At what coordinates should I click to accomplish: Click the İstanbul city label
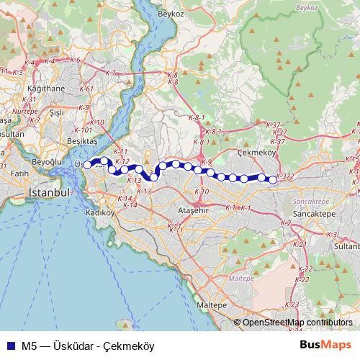pyautogui.click(x=48, y=194)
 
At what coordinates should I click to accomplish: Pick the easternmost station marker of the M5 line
pyautogui.click(x=272, y=179)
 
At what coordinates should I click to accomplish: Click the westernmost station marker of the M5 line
pyautogui.click(x=87, y=165)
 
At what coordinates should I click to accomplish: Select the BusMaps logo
pyautogui.click(x=326, y=344)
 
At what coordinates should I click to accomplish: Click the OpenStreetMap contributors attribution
pyautogui.click(x=297, y=323)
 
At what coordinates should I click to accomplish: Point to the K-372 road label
pyautogui.click(x=284, y=176)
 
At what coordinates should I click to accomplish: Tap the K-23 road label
pyautogui.click(x=292, y=304)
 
